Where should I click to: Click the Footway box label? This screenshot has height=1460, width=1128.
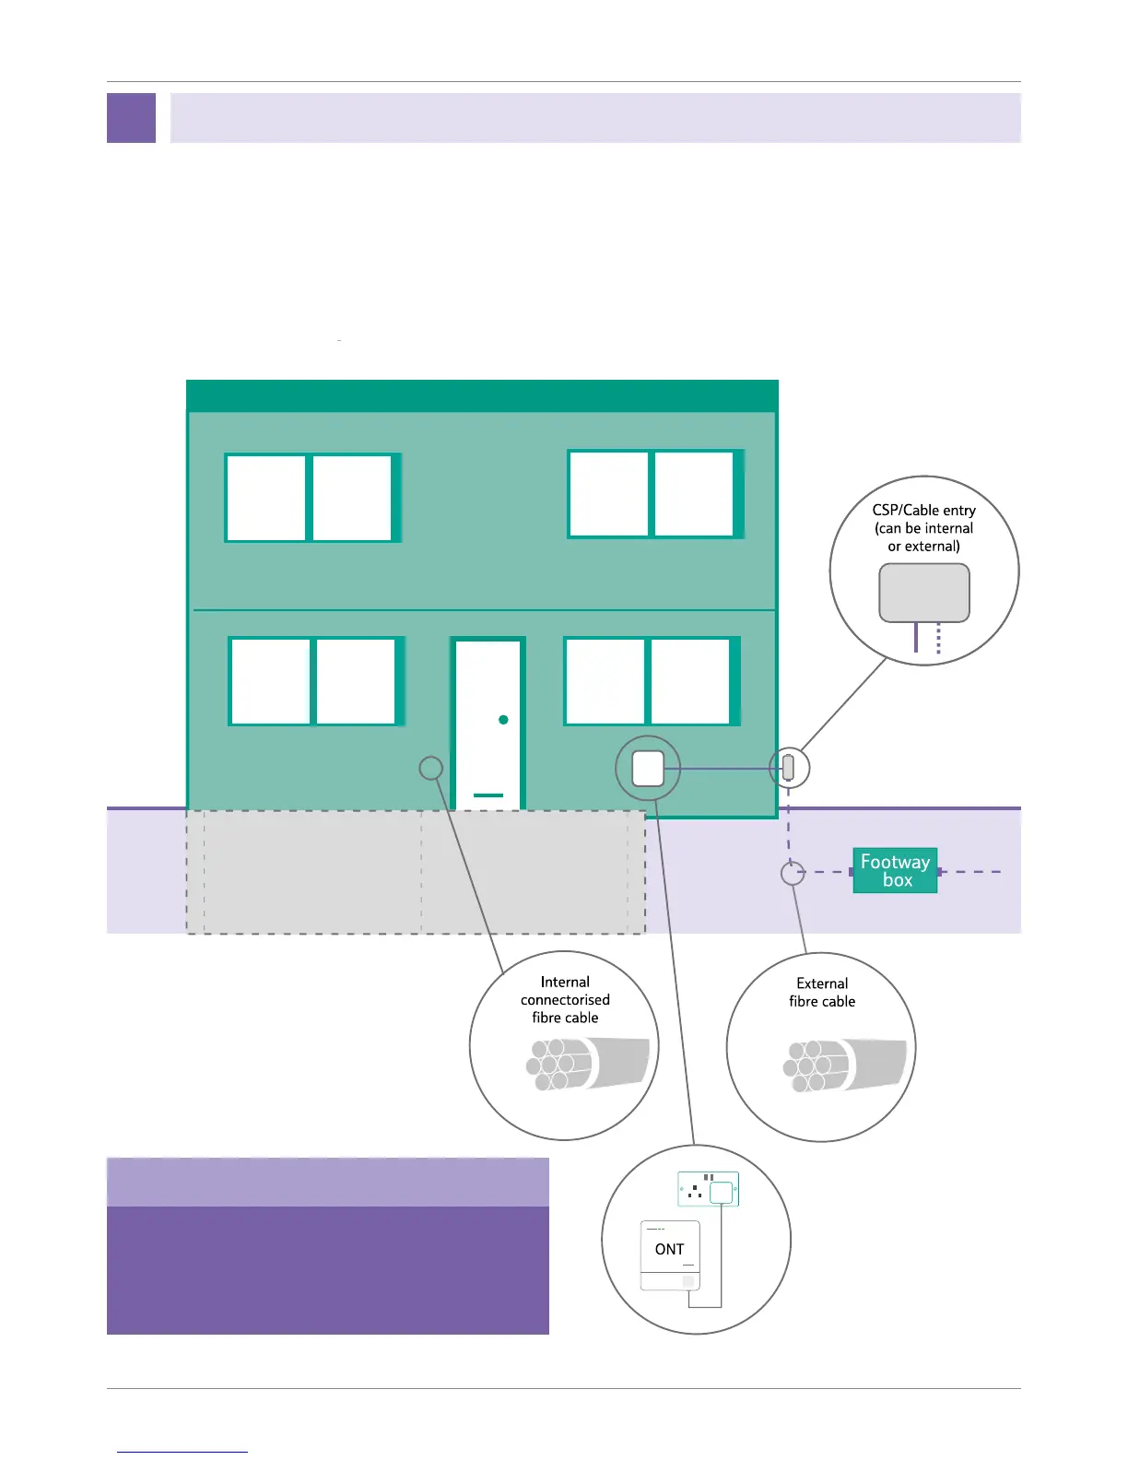[x=895, y=870]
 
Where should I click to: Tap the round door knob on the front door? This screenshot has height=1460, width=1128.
[x=503, y=719]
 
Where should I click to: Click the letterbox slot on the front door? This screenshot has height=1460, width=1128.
[x=488, y=795]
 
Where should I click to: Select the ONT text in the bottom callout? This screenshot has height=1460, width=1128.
[x=669, y=1249]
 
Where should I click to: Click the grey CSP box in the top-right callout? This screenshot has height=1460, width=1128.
[x=923, y=593]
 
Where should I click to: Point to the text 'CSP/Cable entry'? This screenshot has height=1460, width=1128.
[x=923, y=510]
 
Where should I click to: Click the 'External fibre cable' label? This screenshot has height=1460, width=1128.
[x=822, y=993]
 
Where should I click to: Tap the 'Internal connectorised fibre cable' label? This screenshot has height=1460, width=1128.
[x=565, y=1000]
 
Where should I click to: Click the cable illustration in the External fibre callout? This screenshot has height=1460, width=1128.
[x=844, y=1065]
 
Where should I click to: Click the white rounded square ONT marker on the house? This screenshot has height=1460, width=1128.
[x=648, y=768]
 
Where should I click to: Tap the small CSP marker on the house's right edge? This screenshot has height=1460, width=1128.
[x=788, y=767]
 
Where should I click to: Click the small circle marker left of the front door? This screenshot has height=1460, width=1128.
[x=430, y=768]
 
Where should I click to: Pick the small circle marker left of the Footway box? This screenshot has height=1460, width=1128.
[x=793, y=872]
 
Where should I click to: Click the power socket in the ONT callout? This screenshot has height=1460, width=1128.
[x=708, y=1190]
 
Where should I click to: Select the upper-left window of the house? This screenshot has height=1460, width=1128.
[x=311, y=498]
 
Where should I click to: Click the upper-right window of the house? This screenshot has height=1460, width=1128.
[x=653, y=494]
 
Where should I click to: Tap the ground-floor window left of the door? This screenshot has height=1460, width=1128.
[x=314, y=681]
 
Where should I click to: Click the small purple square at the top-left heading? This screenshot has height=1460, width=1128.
[x=131, y=118]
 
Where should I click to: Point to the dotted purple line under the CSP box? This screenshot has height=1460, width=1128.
[x=938, y=639]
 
